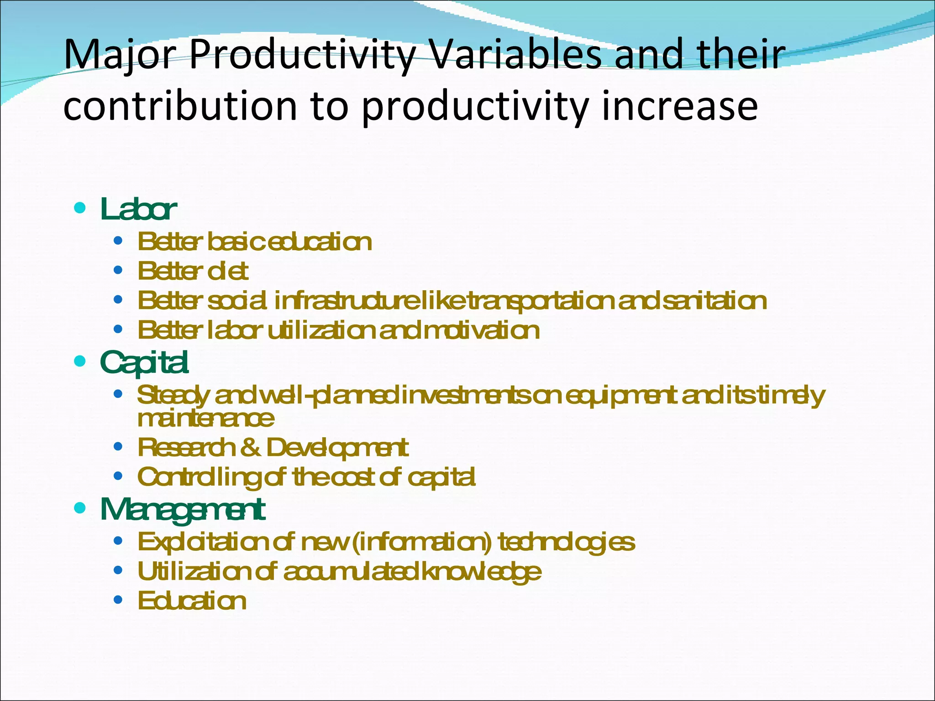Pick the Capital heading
[x=144, y=363]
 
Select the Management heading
[x=182, y=510]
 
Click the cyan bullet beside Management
[x=80, y=508]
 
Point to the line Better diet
[x=193, y=272]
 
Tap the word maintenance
[x=206, y=419]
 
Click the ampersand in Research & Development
[x=250, y=448]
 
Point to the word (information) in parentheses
[x=422, y=543]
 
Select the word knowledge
[x=482, y=572]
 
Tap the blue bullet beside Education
[x=118, y=600]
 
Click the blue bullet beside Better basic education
[x=118, y=241]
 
